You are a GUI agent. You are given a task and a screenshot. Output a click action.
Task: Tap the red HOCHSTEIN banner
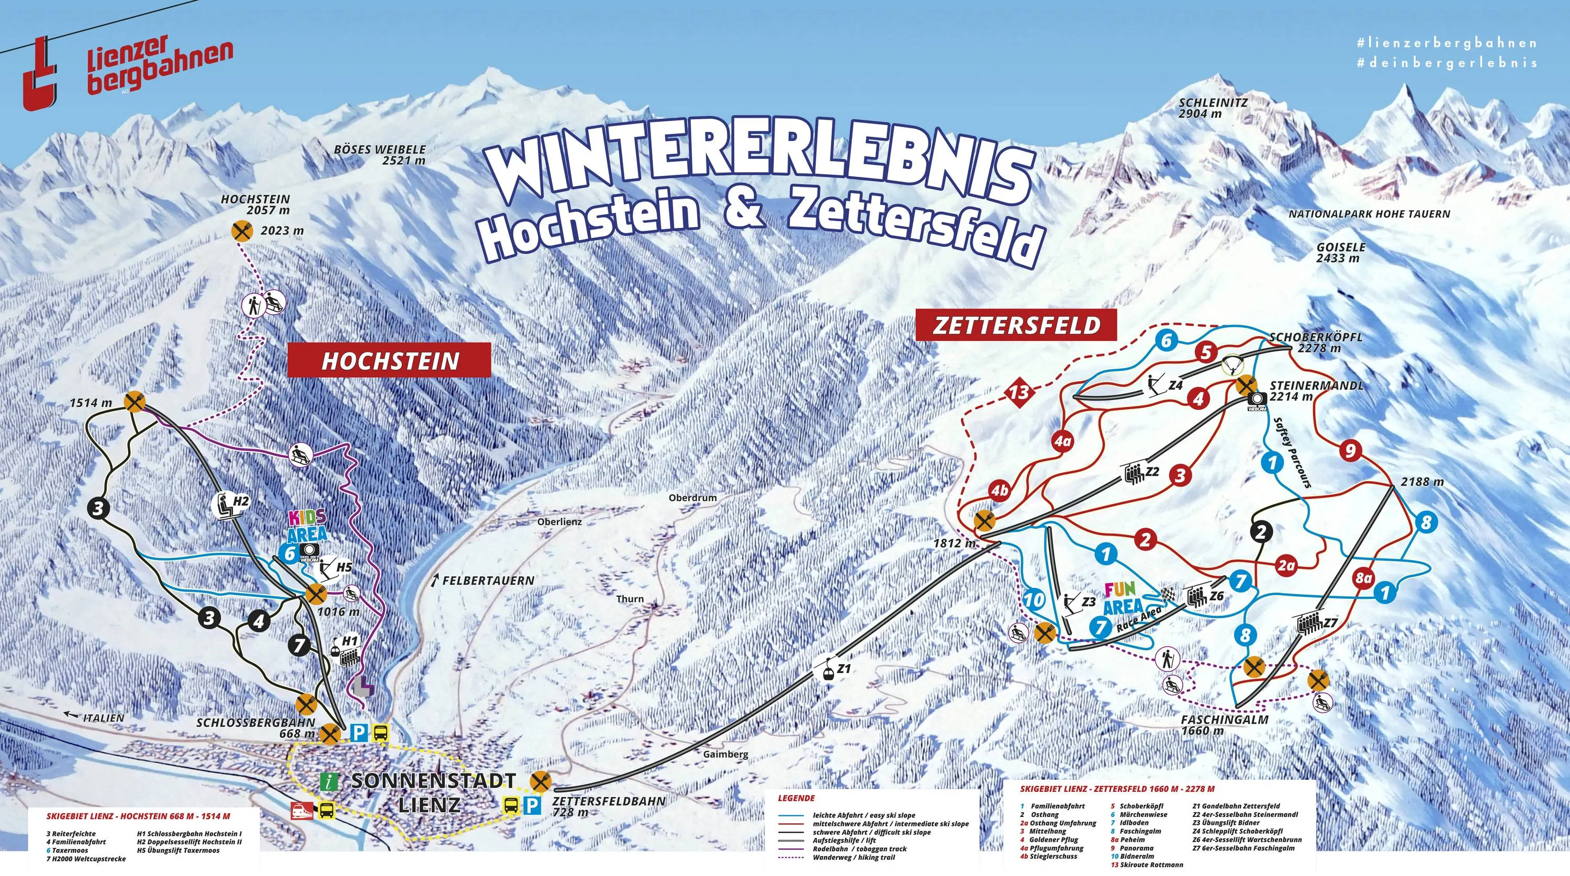tap(389, 360)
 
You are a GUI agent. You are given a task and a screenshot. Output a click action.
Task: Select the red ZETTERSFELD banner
tap(1017, 325)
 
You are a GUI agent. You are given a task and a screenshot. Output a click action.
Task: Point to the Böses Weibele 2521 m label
tap(380, 155)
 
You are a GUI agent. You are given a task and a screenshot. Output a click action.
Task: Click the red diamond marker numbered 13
tap(1019, 392)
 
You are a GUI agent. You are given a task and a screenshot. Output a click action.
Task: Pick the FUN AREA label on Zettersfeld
tap(1123, 598)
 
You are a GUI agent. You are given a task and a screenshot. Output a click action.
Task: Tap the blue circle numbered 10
tap(1034, 600)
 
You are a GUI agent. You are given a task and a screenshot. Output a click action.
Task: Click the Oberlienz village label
tap(559, 521)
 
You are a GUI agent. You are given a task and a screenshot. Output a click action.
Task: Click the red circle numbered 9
tap(1350, 451)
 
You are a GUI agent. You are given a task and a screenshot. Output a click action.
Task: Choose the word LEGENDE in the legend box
tap(796, 798)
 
